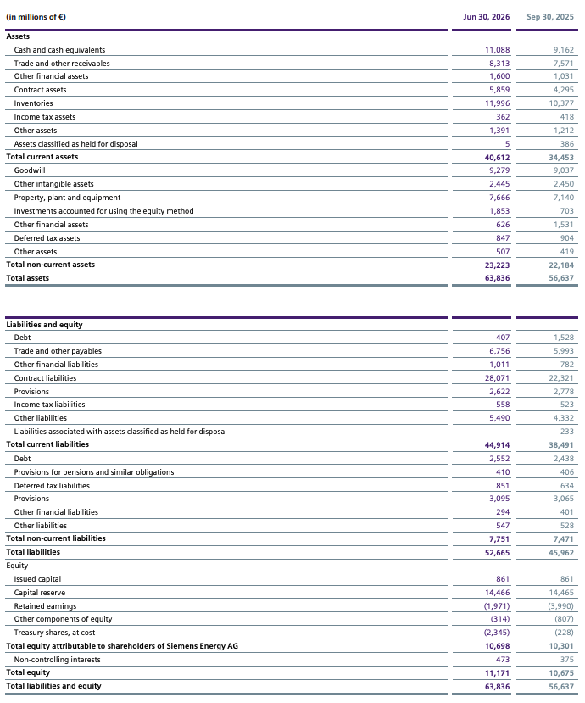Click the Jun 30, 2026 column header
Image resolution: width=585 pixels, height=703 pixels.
[487, 17]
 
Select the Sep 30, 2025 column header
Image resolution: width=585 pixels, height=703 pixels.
[550, 17]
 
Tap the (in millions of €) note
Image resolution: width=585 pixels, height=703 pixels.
[36, 17]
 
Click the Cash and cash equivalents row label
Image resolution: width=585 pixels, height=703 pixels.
[59, 50]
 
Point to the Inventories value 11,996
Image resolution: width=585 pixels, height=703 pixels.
[497, 103]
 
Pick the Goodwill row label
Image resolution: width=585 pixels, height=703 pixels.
[30, 170]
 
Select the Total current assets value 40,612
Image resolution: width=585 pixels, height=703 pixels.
[497, 158]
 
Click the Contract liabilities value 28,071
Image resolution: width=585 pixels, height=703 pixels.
[497, 378]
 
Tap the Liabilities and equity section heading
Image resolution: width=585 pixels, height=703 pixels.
[44, 325]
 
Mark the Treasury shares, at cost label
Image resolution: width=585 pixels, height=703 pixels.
[54, 633]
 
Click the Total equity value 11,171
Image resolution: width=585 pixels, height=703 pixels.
[497, 673]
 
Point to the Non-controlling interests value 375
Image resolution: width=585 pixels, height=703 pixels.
[567, 660]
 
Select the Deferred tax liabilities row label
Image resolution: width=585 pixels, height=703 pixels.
[52, 486]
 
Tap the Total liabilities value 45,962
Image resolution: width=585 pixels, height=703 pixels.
[561, 553]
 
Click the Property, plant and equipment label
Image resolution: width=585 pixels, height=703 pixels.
[67, 198]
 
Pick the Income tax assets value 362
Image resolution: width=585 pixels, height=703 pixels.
[503, 116]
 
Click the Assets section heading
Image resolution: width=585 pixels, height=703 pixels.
[18, 36]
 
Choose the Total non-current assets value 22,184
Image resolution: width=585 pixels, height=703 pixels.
[561, 265]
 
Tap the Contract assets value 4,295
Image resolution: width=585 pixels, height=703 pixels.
[564, 90]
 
